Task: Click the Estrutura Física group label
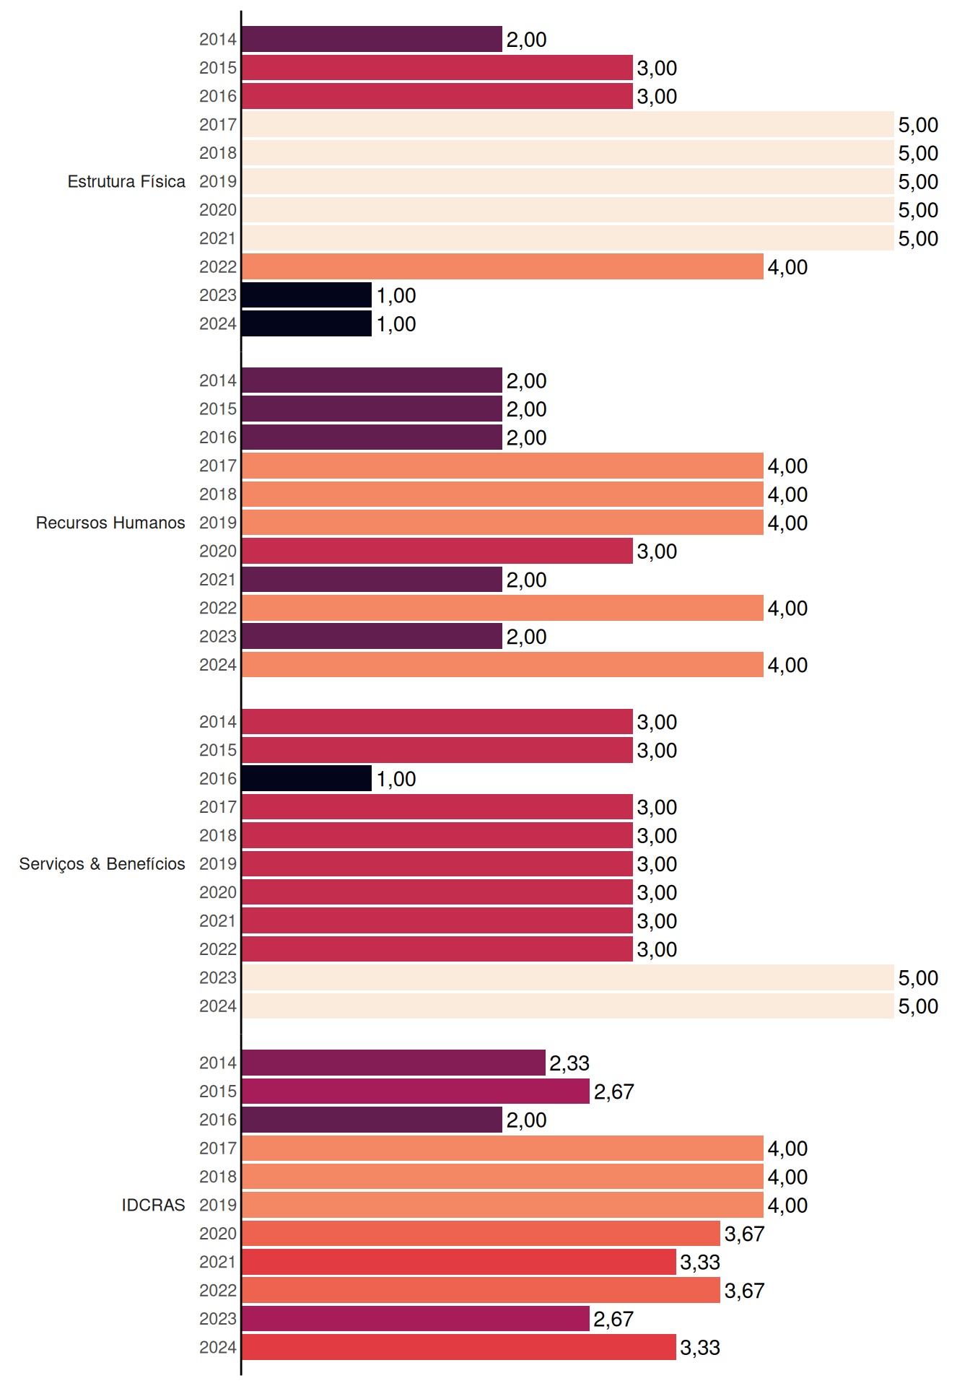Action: pyautogui.click(x=126, y=181)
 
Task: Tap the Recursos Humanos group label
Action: pyautogui.click(x=110, y=523)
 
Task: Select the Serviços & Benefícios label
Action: pyautogui.click(x=102, y=864)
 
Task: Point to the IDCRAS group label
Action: pyautogui.click(x=153, y=1205)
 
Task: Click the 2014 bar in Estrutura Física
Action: pyautogui.click(x=372, y=39)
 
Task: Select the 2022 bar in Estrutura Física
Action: pyautogui.click(x=502, y=266)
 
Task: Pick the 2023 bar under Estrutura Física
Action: pyautogui.click(x=307, y=295)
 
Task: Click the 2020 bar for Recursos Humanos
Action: pyautogui.click(x=437, y=551)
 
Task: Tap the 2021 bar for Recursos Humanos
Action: pyautogui.click(x=372, y=580)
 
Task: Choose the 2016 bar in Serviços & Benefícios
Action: pyautogui.click(x=307, y=778)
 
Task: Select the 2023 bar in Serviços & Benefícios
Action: pyautogui.click(x=568, y=977)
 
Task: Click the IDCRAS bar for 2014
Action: pyautogui.click(x=393, y=1063)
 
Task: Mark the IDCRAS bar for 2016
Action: pyautogui.click(x=372, y=1120)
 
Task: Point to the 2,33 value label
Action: pyautogui.click(x=569, y=1063)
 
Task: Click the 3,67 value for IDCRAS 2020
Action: pyautogui.click(x=744, y=1234)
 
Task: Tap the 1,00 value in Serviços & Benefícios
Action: pyautogui.click(x=396, y=779)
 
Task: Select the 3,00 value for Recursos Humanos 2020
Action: pyautogui.click(x=657, y=552)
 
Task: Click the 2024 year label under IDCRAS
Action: pyautogui.click(x=218, y=1347)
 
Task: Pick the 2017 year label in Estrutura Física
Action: pyautogui.click(x=218, y=124)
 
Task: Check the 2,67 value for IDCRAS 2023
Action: pyautogui.click(x=613, y=1319)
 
